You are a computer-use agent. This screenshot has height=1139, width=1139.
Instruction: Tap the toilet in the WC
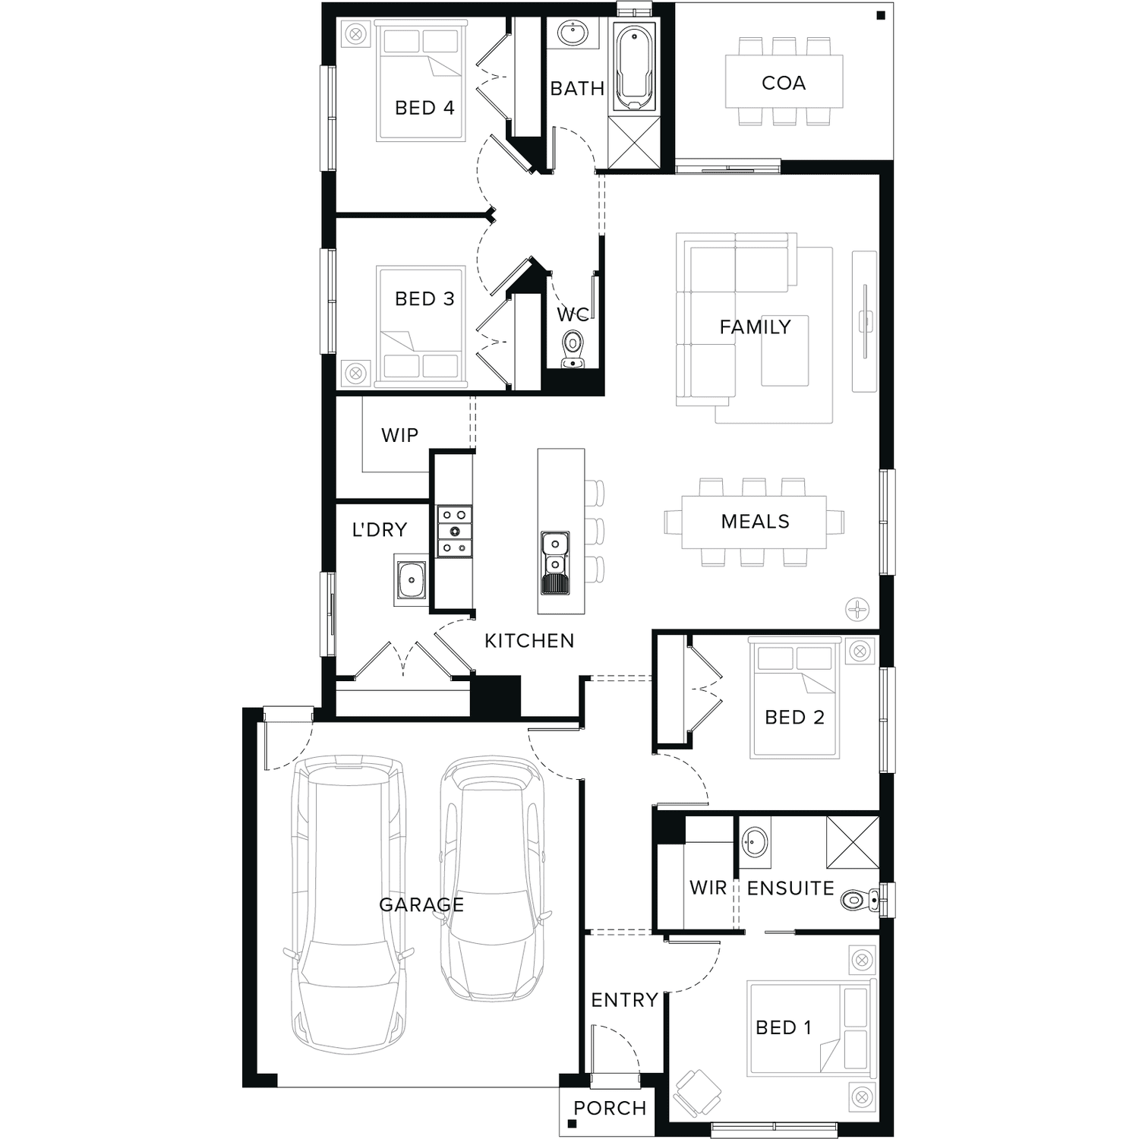(573, 350)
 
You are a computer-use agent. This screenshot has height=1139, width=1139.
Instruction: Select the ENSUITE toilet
(859, 901)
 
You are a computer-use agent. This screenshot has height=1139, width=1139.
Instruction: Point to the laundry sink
(411, 581)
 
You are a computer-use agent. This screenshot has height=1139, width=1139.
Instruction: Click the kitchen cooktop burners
(455, 532)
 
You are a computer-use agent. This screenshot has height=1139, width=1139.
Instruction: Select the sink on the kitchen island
(555, 563)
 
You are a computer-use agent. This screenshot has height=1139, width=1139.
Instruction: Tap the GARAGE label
(421, 904)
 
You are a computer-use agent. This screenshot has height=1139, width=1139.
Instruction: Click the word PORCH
(610, 1108)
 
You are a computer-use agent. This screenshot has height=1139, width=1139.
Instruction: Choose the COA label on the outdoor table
(784, 83)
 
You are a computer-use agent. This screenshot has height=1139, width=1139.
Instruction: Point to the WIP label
(399, 435)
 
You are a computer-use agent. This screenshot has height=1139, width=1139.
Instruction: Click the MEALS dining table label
(755, 522)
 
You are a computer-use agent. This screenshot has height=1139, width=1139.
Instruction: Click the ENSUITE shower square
(852, 842)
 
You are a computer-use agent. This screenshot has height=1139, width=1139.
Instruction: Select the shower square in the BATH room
(634, 141)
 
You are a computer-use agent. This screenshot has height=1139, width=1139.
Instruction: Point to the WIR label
(708, 888)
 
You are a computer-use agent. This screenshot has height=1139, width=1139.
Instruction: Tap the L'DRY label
(379, 529)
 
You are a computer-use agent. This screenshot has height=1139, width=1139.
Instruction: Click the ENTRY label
(624, 1000)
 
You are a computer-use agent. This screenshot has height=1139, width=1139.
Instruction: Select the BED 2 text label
(794, 718)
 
